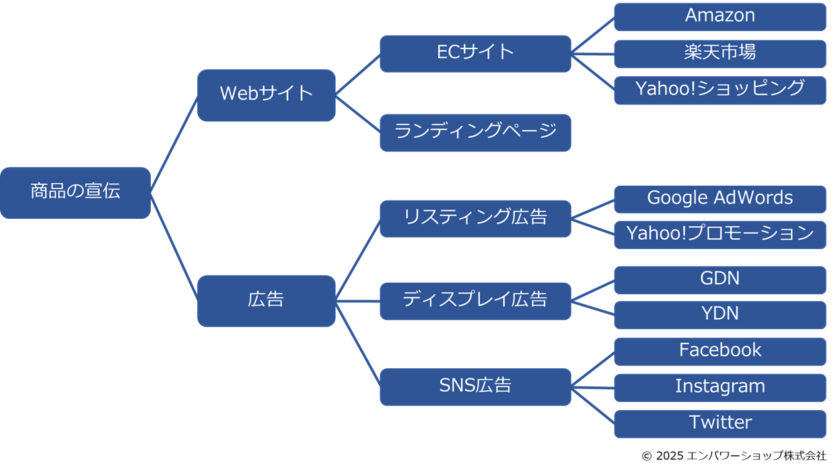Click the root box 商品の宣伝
[75, 193]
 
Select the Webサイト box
[267, 95]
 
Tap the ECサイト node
[475, 54]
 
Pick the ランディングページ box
[475, 133]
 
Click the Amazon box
[720, 17]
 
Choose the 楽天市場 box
[720, 54]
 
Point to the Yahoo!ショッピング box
[720, 90]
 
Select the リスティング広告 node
[475, 219]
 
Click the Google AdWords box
[720, 199]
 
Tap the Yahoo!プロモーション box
[720, 235]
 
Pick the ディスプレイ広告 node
[475, 301]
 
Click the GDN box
[720, 280]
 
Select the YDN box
[720, 315]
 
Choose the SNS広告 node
[475, 387]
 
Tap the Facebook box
[720, 352]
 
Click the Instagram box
[720, 388]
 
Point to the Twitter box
[720, 424]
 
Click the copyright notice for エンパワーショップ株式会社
[734, 456]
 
